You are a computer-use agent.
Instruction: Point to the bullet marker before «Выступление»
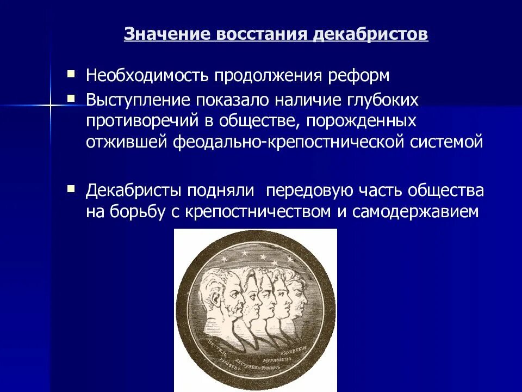pyautogui.click(x=71, y=97)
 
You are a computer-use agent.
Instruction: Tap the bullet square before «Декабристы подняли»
pyautogui.click(x=71, y=188)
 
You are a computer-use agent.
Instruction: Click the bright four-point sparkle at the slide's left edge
pyautogui.click(x=50, y=103)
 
